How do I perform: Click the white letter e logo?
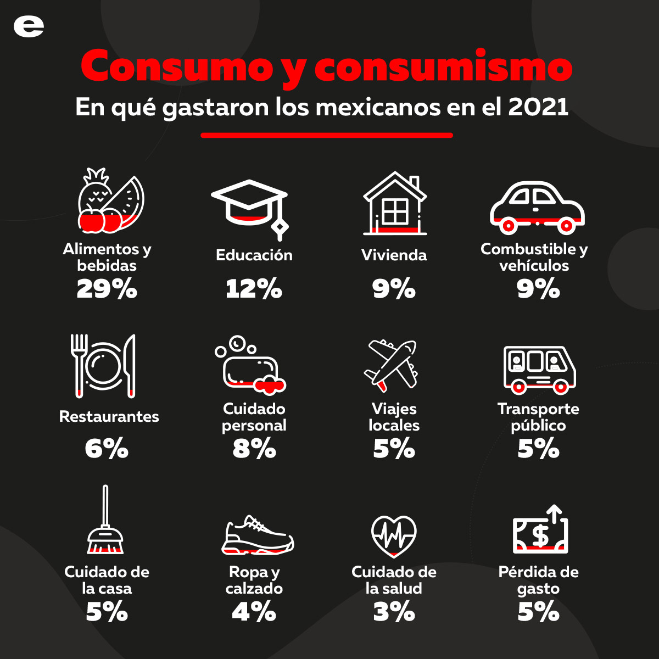pyautogui.click(x=29, y=26)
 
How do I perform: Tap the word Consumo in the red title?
pyautogui.click(x=176, y=66)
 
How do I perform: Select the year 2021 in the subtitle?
pyautogui.click(x=538, y=107)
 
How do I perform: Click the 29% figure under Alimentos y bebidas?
pyautogui.click(x=107, y=289)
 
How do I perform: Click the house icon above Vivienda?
pyautogui.click(x=395, y=203)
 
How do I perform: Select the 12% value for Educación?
pyautogui.click(x=254, y=289)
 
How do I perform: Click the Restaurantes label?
pyautogui.click(x=109, y=416)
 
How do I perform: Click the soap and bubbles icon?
pyautogui.click(x=251, y=365)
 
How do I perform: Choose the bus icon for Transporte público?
pyautogui.click(x=539, y=369)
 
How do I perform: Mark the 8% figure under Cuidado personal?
pyautogui.click(x=254, y=449)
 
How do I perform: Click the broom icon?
pyautogui.click(x=105, y=522)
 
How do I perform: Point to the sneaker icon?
pyautogui.click(x=258, y=535)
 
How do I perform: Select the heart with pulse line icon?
pyautogui.click(x=394, y=535)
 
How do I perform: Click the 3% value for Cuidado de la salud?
pyautogui.click(x=394, y=612)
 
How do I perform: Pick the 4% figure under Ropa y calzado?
pyautogui.click(x=254, y=612)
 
